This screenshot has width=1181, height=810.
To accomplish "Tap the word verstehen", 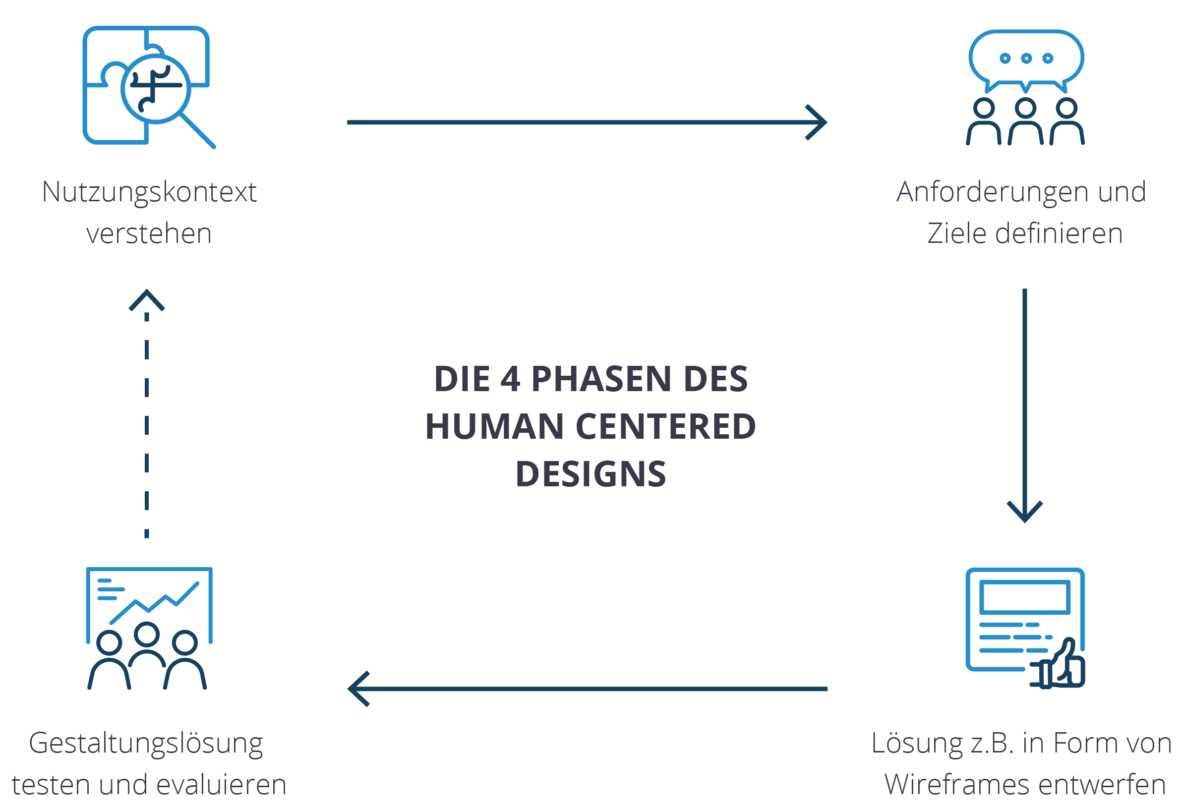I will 149,234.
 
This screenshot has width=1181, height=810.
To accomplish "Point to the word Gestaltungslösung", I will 146,744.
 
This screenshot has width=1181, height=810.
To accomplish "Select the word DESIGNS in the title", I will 590,473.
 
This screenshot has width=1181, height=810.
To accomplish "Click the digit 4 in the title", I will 510,379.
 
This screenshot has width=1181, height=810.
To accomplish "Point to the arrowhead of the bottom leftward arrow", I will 355,689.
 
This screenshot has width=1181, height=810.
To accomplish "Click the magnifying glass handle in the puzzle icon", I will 199,130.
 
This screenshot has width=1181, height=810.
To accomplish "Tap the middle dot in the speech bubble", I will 1026,58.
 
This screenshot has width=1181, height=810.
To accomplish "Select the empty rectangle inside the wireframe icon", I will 1024,597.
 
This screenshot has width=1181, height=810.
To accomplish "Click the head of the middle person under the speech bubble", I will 1025,108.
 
